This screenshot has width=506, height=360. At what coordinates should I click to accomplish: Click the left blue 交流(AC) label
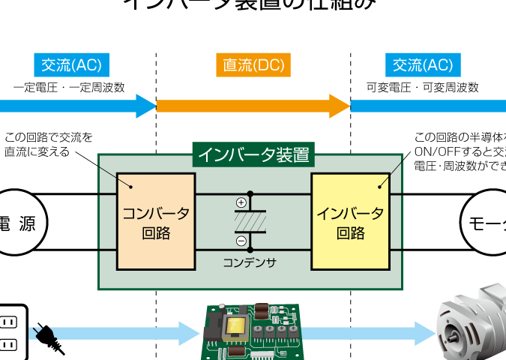point(72,65)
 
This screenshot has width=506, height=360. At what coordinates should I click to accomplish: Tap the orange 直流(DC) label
point(253,65)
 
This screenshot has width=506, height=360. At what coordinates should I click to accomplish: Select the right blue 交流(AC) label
point(423,65)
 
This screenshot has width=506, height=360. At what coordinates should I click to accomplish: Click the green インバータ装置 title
point(253,155)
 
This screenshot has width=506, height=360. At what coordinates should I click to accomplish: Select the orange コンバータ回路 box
point(156,221)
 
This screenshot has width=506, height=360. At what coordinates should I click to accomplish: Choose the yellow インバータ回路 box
point(350,221)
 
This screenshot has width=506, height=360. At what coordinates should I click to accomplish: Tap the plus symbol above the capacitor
point(241,202)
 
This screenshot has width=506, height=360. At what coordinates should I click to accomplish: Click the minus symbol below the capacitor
point(241,241)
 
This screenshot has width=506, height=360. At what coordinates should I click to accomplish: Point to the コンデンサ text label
point(250,263)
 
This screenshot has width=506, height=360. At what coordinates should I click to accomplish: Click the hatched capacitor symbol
point(250,221)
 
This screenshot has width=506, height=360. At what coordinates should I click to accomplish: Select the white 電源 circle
point(16,223)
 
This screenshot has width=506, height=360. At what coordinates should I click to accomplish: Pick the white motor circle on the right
point(486,223)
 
